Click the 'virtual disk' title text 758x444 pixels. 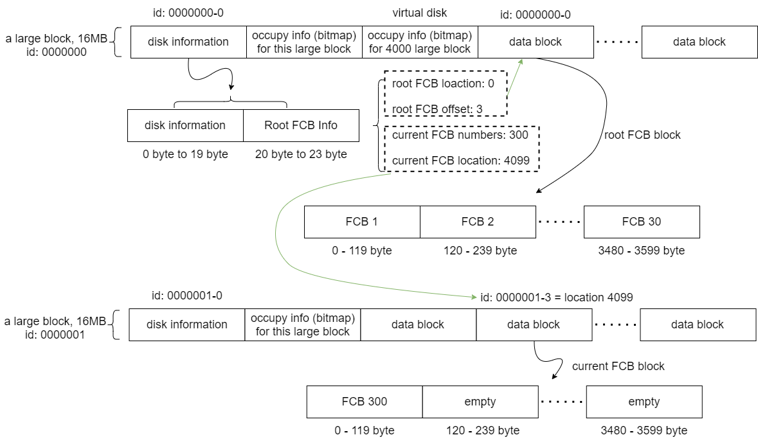pyautogui.click(x=420, y=13)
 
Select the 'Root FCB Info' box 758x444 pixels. pyautogui.click(x=301, y=125)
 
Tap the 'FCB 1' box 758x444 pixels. pyautogui.click(x=362, y=222)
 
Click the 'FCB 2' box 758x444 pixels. pyautogui.click(x=478, y=222)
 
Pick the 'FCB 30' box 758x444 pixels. pyautogui.click(x=642, y=222)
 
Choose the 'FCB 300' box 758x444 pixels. pyautogui.click(x=365, y=402)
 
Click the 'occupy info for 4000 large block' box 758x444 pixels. pyautogui.click(x=420, y=42)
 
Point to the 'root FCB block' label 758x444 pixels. pyautogui.click(x=642, y=135)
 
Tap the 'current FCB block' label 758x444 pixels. pyautogui.click(x=618, y=366)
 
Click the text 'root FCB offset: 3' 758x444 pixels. pyautogui.click(x=437, y=109)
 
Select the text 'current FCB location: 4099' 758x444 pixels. pyautogui.click(x=460, y=160)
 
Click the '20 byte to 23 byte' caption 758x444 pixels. pyautogui.click(x=301, y=154)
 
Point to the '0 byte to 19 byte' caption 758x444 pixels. pyautogui.click(x=186, y=154)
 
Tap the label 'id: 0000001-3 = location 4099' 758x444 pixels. pyautogui.click(x=557, y=297)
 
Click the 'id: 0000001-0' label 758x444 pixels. pyautogui.click(x=187, y=296)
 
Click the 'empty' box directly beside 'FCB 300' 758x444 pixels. pyautogui.click(x=480, y=402)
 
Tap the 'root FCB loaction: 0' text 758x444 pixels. pyautogui.click(x=442, y=84)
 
